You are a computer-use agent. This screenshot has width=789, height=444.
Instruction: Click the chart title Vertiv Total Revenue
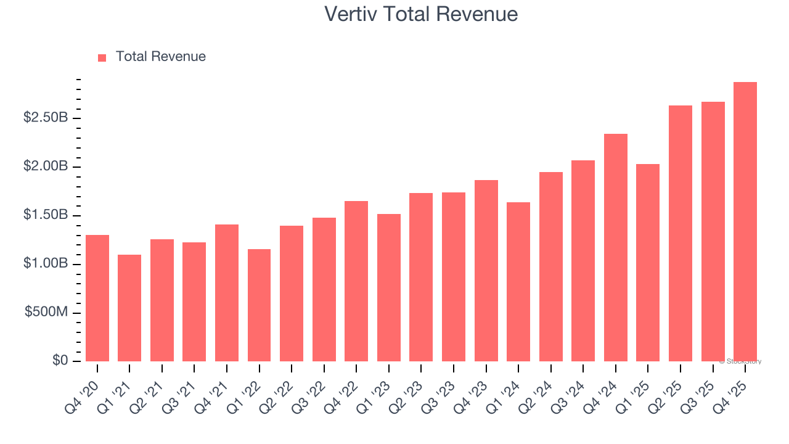(421, 14)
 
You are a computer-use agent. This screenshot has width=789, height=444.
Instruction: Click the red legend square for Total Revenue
(102, 57)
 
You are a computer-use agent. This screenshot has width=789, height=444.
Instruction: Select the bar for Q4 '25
(745, 222)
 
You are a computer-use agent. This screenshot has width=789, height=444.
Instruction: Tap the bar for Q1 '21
(129, 308)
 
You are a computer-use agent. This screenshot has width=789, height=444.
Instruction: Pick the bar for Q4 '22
(356, 281)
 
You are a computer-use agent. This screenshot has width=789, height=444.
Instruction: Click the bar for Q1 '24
(518, 282)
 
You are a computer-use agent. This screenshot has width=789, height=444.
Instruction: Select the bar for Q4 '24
(615, 247)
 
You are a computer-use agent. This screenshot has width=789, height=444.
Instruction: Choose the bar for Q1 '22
(259, 305)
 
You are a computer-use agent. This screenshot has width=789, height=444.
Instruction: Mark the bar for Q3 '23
(454, 277)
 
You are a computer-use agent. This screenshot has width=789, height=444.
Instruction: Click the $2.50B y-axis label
(46, 118)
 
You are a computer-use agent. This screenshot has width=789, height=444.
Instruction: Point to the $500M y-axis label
(46, 313)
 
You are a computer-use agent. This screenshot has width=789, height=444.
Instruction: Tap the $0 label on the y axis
(59, 361)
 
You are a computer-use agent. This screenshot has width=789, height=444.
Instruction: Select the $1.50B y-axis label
(46, 215)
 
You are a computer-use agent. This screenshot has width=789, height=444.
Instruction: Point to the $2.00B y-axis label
(46, 166)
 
